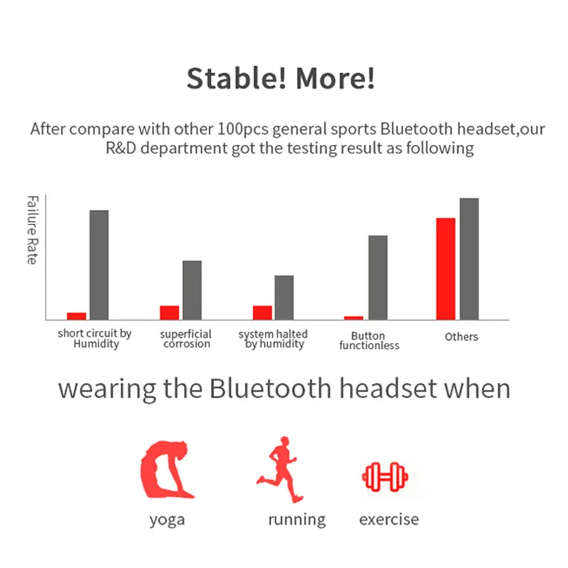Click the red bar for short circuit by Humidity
[x=77, y=316]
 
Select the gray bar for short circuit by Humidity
[x=99, y=265]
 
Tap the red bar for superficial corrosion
[x=170, y=312]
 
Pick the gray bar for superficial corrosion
[x=192, y=290]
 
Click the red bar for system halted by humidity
[x=262, y=312]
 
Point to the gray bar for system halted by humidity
[x=284, y=297]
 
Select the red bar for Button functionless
[x=354, y=318]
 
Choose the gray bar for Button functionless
[x=378, y=278]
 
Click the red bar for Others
[x=446, y=269]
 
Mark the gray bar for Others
[x=469, y=259]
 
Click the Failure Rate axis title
[x=32, y=230]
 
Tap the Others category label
[x=461, y=337]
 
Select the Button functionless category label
[x=369, y=341]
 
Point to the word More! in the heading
[x=335, y=78]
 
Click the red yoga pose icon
[x=167, y=470]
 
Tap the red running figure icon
[x=280, y=469]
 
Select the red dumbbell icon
[x=385, y=476]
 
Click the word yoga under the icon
[x=167, y=520]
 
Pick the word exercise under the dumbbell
[x=389, y=520]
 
